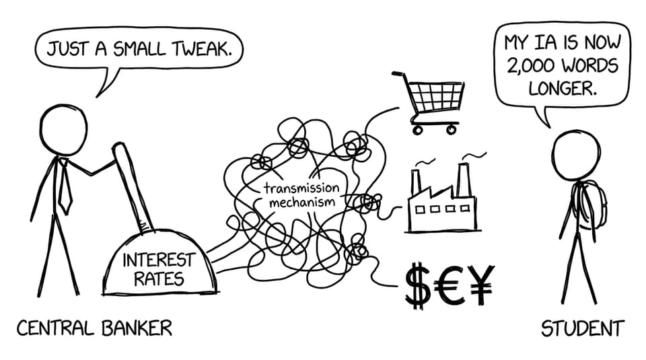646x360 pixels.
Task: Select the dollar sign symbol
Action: point(418,285)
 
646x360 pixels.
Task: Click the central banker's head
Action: point(64,130)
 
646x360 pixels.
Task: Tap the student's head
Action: point(576,155)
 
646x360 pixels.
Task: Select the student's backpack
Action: point(590,205)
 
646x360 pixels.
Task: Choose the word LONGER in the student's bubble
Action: point(563,87)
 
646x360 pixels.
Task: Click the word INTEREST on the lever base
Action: point(158,260)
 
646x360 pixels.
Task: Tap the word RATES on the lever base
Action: point(159,279)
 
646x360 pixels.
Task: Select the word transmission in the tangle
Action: point(301,188)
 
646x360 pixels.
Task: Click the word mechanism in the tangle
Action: point(301,203)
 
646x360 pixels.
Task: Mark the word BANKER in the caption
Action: point(137,328)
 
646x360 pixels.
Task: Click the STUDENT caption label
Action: point(583,328)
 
